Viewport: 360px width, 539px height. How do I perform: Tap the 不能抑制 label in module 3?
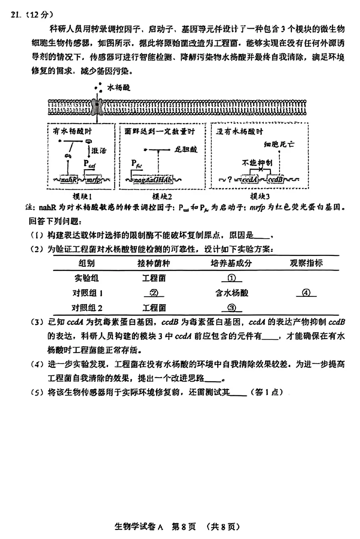(x=257, y=163)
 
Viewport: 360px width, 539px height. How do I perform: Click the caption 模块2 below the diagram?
(x=161, y=197)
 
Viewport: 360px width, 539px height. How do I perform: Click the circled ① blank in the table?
(x=230, y=278)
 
